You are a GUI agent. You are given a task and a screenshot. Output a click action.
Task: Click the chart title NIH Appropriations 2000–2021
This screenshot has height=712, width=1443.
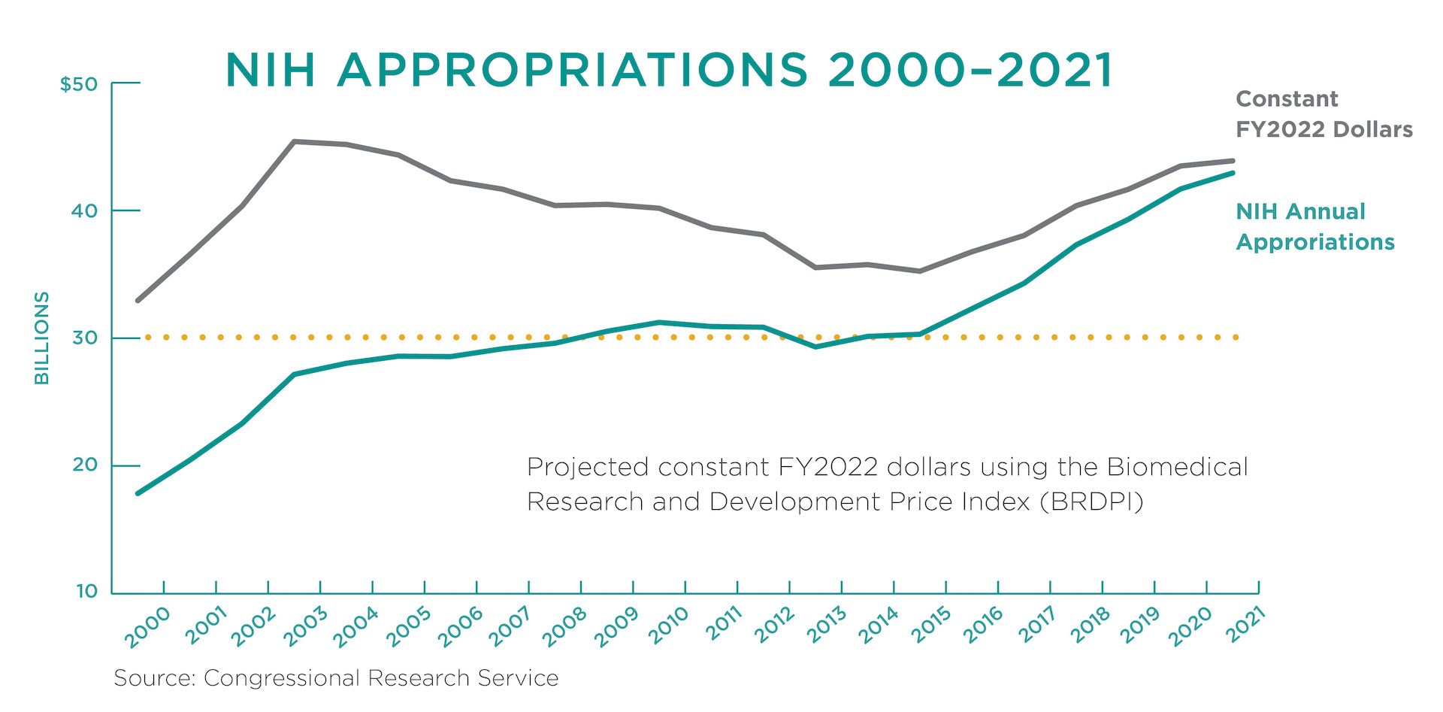pyautogui.click(x=669, y=71)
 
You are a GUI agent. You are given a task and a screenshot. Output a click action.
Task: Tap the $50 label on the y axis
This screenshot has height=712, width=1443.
pyautogui.click(x=80, y=84)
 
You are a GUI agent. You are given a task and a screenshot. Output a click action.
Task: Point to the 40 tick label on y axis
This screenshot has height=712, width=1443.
pyautogui.click(x=85, y=211)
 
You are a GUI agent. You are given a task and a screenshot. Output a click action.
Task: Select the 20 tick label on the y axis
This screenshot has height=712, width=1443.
pyautogui.click(x=85, y=465)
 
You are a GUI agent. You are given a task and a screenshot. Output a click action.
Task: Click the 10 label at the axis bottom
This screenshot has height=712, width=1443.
pyautogui.click(x=86, y=592)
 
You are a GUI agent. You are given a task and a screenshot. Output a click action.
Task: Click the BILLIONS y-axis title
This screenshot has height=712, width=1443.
pyautogui.click(x=42, y=338)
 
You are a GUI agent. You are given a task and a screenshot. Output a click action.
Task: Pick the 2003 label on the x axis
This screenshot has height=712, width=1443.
pyautogui.click(x=305, y=627)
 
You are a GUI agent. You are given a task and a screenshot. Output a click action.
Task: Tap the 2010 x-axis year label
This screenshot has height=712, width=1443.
pyautogui.click(x=669, y=626)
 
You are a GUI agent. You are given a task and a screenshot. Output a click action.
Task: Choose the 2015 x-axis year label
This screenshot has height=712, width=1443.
pyautogui.click(x=930, y=626)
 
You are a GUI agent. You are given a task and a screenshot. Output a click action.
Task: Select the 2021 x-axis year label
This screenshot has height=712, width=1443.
pyautogui.click(x=1245, y=626)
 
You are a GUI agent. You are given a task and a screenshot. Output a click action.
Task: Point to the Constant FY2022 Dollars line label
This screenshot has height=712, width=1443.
pyautogui.click(x=1324, y=114)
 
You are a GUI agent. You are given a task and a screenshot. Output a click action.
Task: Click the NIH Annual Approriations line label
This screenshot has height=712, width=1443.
pyautogui.click(x=1314, y=227)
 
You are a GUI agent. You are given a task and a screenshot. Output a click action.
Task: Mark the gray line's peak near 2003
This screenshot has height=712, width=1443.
pyautogui.click(x=294, y=141)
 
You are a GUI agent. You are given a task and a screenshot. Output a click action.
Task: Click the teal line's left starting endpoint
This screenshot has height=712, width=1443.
pyautogui.click(x=138, y=493)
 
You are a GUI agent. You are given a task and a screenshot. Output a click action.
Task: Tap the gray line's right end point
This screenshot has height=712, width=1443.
pyautogui.click(x=1233, y=161)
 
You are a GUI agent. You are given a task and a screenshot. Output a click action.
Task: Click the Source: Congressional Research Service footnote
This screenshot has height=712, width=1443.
pyautogui.click(x=336, y=678)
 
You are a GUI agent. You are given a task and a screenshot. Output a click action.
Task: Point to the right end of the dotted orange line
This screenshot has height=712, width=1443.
pyautogui.click(x=1236, y=338)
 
